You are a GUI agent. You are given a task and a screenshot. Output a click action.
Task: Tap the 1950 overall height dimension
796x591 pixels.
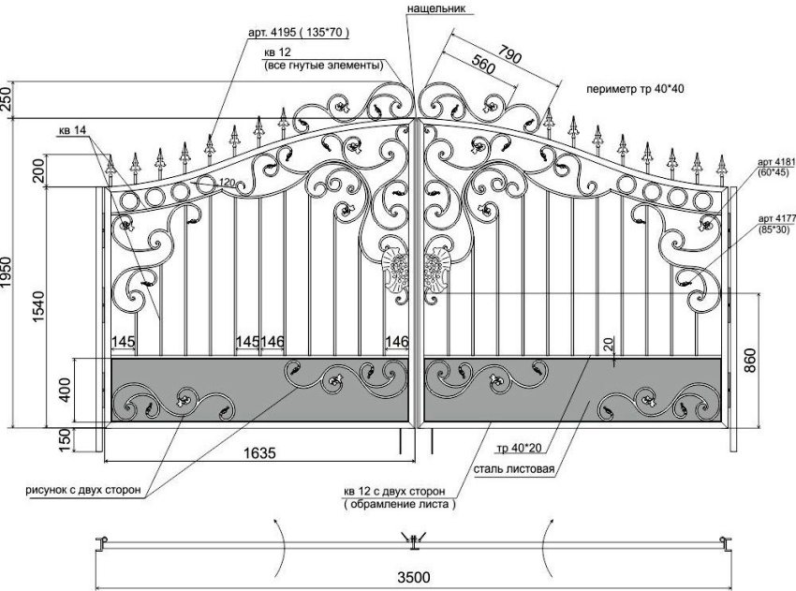point(9,272)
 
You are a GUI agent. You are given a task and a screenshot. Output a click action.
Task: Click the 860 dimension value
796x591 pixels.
point(749,362)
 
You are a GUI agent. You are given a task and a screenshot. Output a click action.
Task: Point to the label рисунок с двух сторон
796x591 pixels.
point(83,489)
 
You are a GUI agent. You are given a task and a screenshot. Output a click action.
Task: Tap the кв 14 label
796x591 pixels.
point(71,129)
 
